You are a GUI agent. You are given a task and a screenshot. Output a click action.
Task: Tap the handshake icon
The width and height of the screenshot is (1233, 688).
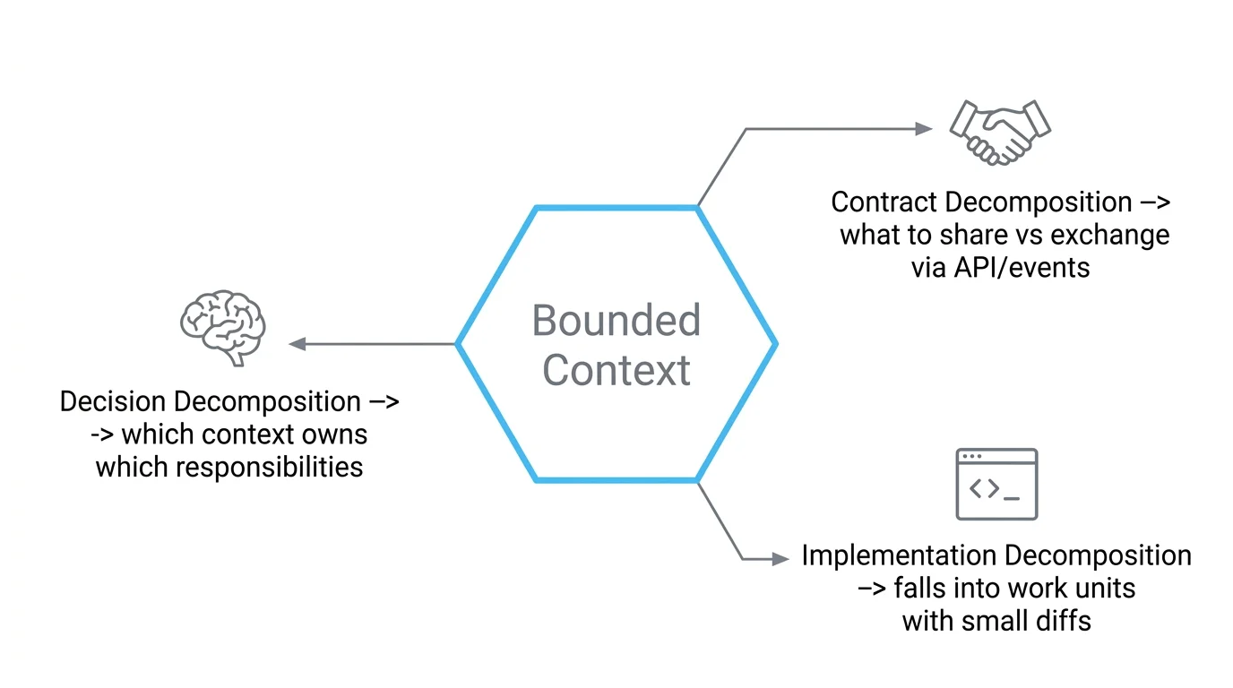point(999,133)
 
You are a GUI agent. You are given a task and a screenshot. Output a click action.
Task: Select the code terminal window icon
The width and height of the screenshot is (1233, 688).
point(996,484)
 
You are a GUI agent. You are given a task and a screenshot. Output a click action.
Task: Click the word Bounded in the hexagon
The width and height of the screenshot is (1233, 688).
point(616,321)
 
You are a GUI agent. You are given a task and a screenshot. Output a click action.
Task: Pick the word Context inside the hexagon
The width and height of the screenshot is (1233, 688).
point(616,370)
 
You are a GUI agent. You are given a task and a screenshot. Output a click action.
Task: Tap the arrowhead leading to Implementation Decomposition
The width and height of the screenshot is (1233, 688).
point(780,559)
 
